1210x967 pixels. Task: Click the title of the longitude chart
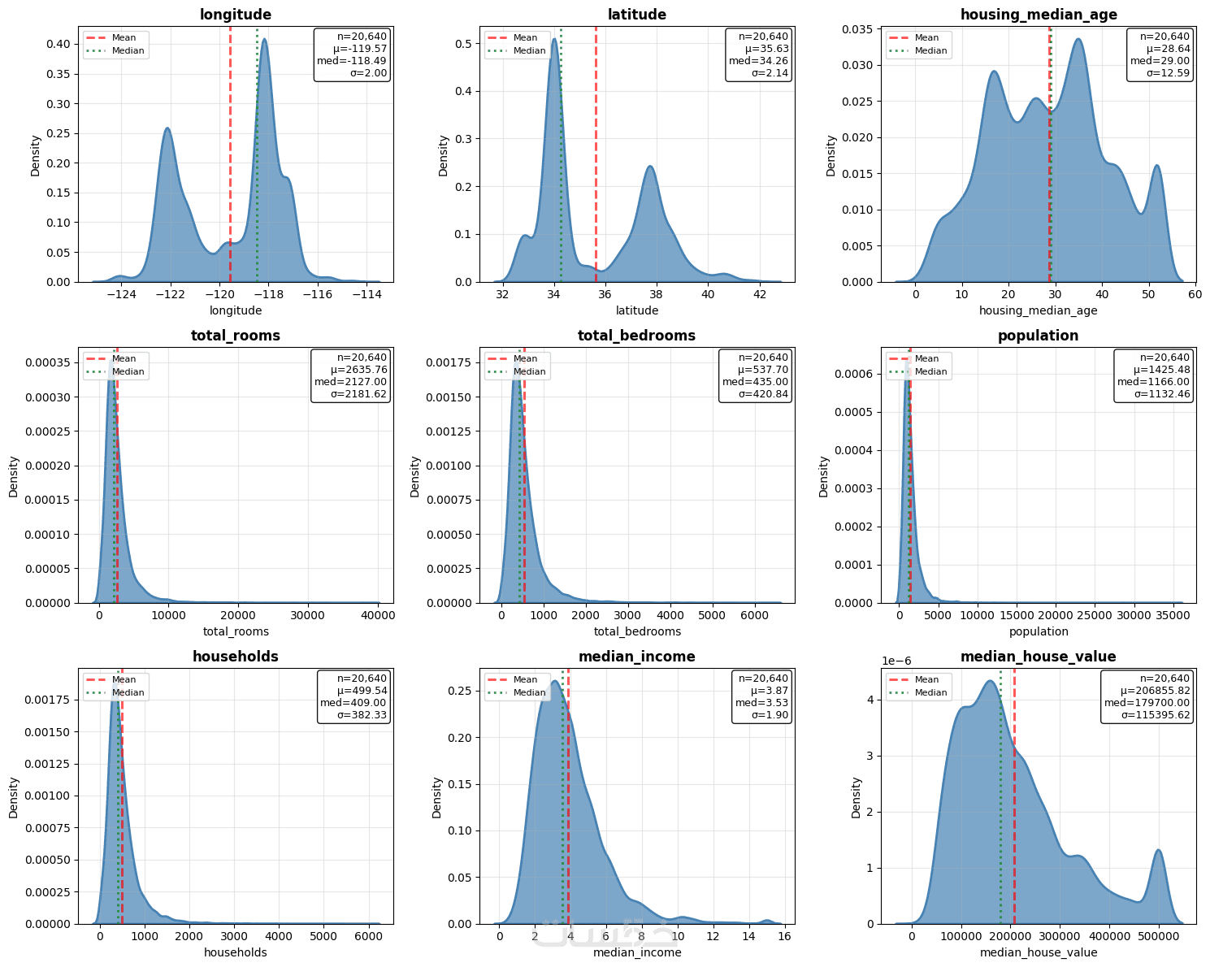[x=236, y=15]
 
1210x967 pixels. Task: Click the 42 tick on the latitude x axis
[x=760, y=294]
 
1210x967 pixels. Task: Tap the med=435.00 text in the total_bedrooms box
[x=755, y=382]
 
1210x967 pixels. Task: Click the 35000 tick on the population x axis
[x=1173, y=615]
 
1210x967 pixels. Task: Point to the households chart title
[x=236, y=657]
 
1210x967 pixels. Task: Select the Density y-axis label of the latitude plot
[x=444, y=155]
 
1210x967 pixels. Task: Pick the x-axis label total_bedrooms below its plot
[x=637, y=631]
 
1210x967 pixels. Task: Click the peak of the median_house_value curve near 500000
[x=1158, y=850]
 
